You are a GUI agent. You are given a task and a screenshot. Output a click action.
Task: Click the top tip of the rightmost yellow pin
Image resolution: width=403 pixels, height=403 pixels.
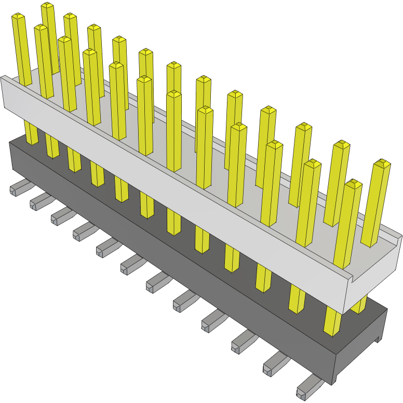click(382, 163)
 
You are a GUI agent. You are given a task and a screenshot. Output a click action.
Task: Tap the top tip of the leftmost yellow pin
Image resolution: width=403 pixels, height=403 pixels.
click(18, 17)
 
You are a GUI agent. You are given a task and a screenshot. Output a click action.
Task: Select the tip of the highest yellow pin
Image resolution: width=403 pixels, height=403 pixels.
click(47, 6)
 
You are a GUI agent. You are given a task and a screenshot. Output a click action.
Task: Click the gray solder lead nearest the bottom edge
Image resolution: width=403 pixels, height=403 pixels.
click(306, 389)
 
